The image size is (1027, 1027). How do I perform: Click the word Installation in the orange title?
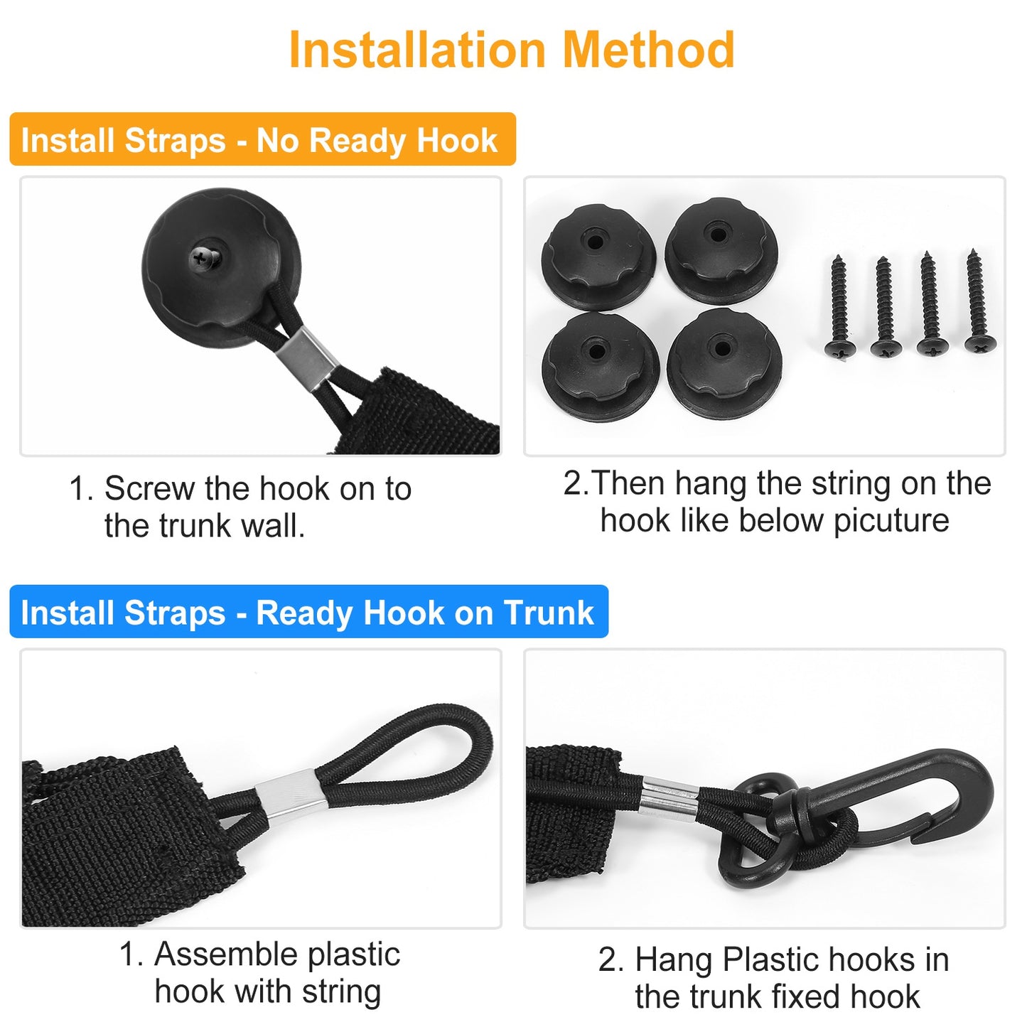click(417, 50)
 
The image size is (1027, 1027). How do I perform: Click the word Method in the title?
click(649, 50)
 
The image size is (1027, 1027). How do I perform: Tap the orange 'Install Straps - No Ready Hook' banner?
click(263, 139)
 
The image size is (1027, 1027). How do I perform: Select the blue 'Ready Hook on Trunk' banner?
click(309, 611)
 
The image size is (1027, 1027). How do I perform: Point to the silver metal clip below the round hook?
click(311, 353)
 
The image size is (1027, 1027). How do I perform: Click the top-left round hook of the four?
click(598, 257)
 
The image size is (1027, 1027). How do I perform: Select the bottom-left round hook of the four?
click(601, 365)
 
